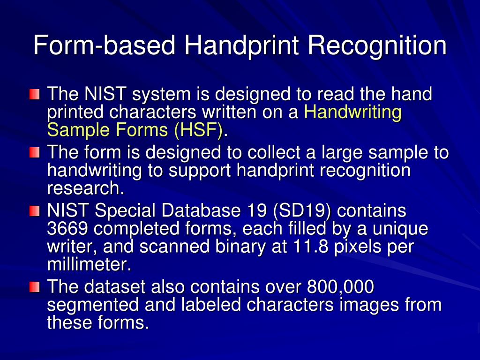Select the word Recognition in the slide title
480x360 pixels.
click(377, 45)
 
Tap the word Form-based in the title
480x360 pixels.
click(104, 45)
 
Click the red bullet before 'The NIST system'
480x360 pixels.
click(34, 95)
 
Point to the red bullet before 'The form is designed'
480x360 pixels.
click(34, 153)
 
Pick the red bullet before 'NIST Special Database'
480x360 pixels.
click(34, 211)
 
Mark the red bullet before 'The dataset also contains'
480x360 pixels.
click(34, 286)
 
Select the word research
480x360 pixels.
click(86, 188)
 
